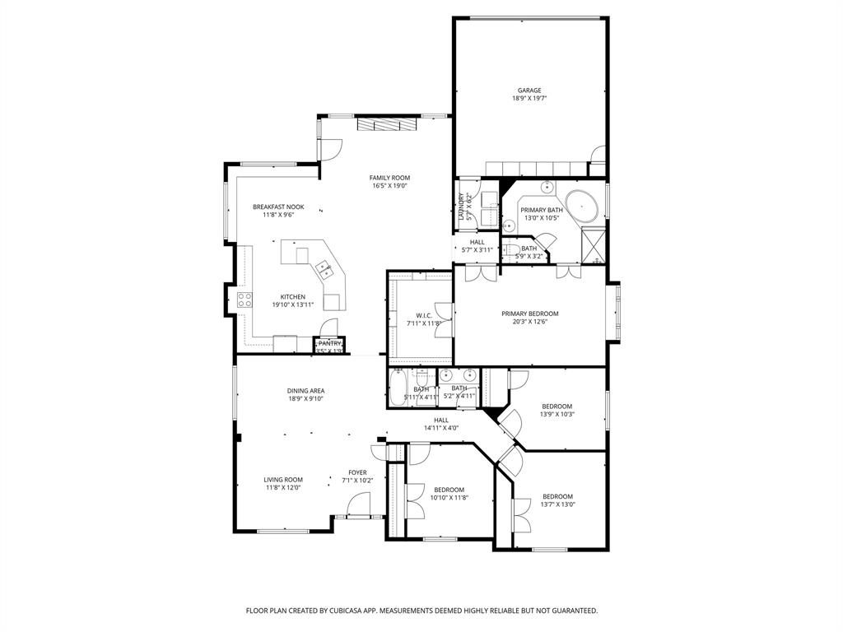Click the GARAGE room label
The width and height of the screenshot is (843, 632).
529,91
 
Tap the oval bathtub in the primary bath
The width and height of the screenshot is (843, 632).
583,204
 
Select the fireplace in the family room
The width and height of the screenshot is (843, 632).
387,124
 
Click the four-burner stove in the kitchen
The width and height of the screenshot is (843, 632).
245,300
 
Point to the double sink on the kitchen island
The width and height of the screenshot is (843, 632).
324,267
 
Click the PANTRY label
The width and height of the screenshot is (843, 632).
329,343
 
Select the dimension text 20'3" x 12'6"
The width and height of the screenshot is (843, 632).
530,322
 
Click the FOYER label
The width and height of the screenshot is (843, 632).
357,472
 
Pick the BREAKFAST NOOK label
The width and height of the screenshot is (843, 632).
278,207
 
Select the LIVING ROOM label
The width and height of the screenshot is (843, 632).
283,480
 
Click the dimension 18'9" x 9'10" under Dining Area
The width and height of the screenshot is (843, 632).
305,399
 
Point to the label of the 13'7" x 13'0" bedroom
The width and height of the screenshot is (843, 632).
557,496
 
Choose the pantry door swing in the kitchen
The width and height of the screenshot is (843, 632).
328,326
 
